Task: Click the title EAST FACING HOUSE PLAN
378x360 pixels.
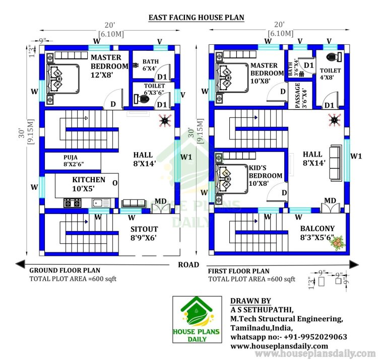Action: click(x=196, y=18)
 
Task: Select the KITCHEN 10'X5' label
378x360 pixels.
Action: click(x=89, y=184)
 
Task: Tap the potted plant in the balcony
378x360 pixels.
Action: click(x=336, y=243)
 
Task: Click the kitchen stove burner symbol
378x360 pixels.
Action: click(x=71, y=203)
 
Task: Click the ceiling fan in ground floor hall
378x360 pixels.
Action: click(x=164, y=121)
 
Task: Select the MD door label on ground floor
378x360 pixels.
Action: click(x=160, y=201)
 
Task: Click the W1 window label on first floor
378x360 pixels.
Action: click(x=356, y=156)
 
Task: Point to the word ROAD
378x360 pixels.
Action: click(x=188, y=265)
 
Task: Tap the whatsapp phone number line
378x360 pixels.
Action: click(x=289, y=337)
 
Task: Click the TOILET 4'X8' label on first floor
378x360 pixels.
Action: click(x=330, y=74)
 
